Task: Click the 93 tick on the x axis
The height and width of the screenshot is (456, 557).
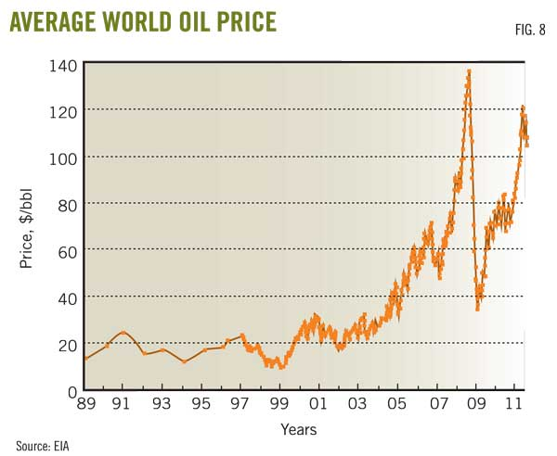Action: [x=162, y=404]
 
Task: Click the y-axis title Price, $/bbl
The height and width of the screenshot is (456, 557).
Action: [x=27, y=226]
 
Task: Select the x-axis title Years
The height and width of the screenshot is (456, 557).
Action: [x=299, y=429]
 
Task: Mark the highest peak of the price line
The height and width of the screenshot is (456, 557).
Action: [x=469, y=70]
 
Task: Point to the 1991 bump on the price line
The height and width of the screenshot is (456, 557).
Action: [x=123, y=332]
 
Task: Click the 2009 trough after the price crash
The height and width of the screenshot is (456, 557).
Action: [x=478, y=308]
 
